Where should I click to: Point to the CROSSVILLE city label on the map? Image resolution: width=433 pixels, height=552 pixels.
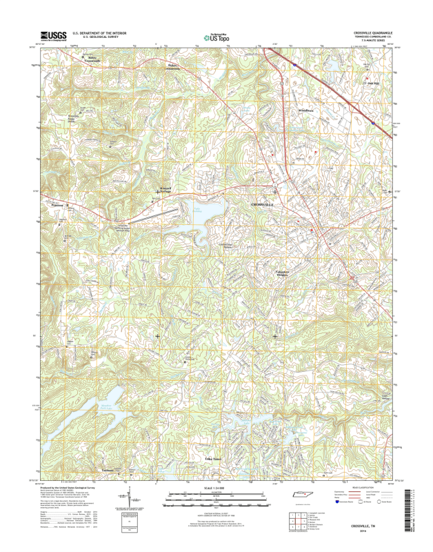(261, 205)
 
